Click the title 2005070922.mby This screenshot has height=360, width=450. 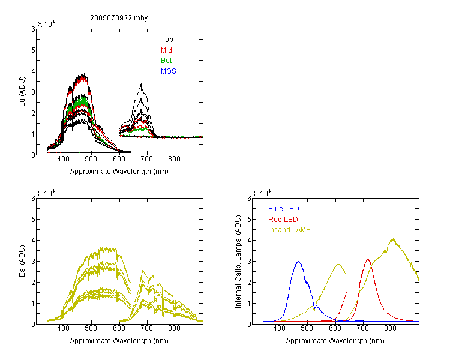tap(119, 18)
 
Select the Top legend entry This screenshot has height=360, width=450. tap(167, 40)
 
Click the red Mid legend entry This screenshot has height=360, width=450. tap(166, 50)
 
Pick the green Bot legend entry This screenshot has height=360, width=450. tap(166, 61)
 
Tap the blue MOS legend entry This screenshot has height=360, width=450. tap(169, 71)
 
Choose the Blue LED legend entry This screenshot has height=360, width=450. tap(284, 209)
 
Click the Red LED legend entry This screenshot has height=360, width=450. tap(283, 220)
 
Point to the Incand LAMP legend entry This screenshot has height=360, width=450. tap(289, 230)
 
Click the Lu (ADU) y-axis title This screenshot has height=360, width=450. tap(22, 92)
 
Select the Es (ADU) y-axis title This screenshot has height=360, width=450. tap(22, 261)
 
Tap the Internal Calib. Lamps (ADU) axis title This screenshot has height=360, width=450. tap(238, 262)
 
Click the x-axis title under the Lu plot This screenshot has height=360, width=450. tap(119, 172)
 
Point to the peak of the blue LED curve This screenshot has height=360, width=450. tap(299, 262)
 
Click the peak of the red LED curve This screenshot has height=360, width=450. tap(368, 260)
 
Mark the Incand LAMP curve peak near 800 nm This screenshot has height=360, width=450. tap(392, 239)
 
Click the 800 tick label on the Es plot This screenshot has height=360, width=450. tap(174, 328)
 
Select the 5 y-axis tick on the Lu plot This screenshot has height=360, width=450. tap(33, 50)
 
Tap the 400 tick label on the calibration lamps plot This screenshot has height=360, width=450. tap(280, 328)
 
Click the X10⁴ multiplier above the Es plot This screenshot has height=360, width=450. tap(46, 193)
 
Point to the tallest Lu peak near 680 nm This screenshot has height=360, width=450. tap(141, 84)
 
